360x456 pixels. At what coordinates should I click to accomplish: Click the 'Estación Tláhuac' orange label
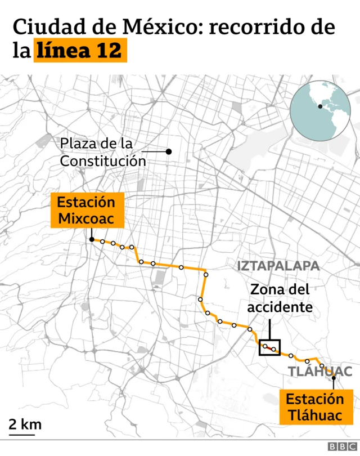click(x=314, y=407)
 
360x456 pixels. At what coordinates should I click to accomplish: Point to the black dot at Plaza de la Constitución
click(x=168, y=151)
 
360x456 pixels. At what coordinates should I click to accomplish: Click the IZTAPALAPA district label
click(x=278, y=266)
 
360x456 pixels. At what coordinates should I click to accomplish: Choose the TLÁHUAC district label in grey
click(x=319, y=371)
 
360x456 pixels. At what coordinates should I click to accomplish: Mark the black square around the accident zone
click(x=269, y=347)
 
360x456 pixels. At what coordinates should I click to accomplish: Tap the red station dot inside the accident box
click(x=274, y=350)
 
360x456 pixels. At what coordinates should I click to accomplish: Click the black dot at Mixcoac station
click(x=91, y=240)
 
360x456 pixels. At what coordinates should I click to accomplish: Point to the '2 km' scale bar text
click(x=25, y=424)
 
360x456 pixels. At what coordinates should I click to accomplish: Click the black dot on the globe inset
click(x=320, y=106)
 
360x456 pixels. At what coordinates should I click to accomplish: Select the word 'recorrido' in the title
click(x=256, y=27)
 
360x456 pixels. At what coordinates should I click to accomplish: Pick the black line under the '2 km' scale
click(x=21, y=434)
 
